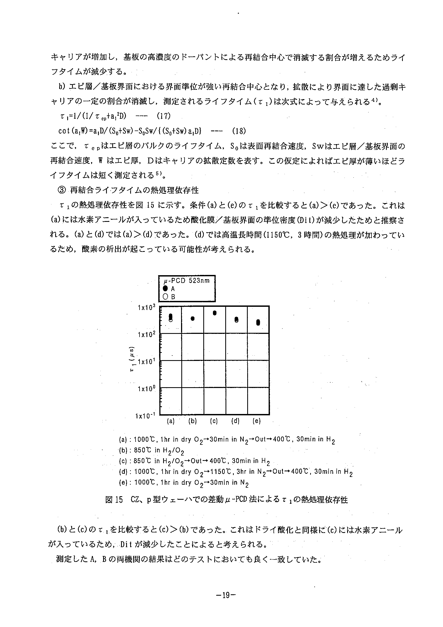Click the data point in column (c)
tap(215, 313)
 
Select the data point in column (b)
tap(192, 318)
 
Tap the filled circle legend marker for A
tap(165, 288)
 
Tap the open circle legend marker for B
tap(165, 297)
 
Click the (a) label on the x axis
tap(171, 421)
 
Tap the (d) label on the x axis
tap(235, 421)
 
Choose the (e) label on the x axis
tap(257, 421)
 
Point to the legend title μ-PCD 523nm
tap(186, 281)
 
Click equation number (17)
tap(163, 116)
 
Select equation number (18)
tap(239, 131)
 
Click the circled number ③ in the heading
tap(62, 190)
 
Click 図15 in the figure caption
tap(114, 500)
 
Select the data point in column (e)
tap(258, 323)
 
